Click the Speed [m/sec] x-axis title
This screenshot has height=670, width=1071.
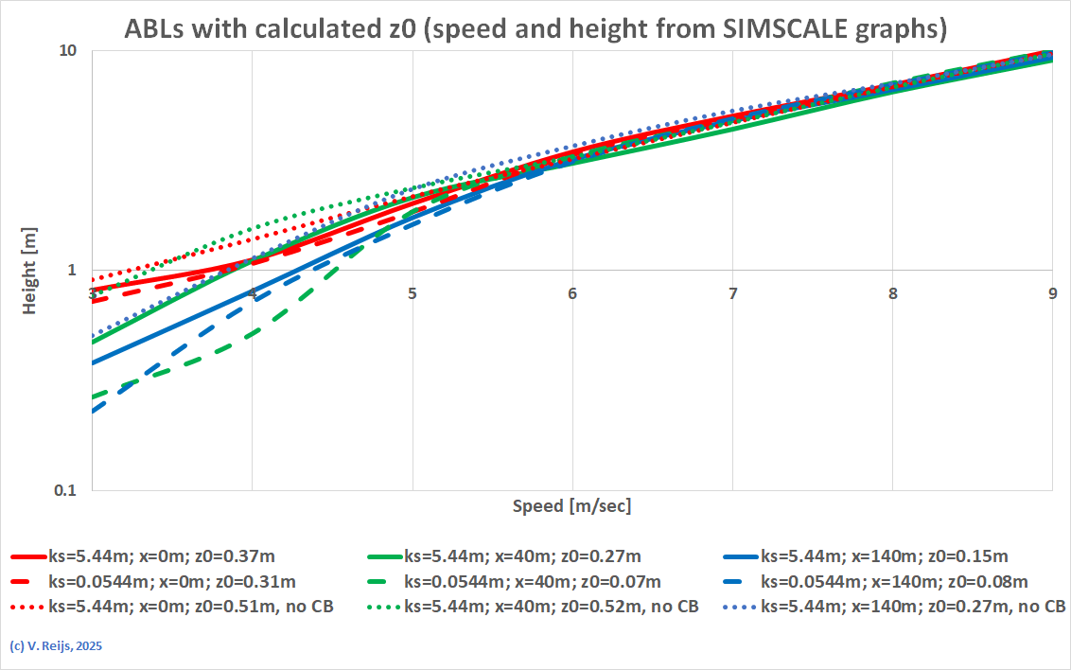point(571,505)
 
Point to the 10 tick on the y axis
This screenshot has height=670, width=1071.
point(68,51)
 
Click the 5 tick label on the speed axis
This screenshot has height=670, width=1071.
point(413,294)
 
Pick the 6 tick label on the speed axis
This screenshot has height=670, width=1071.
point(572,294)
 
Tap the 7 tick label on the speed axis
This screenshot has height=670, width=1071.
point(733,294)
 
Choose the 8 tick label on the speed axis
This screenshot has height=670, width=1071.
point(893,294)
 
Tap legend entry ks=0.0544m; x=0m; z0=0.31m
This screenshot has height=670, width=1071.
point(171,581)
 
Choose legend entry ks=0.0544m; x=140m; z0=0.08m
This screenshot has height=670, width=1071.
point(894,581)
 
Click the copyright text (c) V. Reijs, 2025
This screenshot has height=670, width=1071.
point(55,647)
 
